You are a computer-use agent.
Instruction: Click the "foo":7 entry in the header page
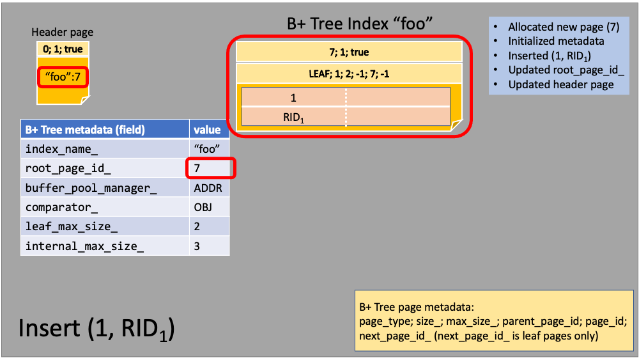[x=63, y=77]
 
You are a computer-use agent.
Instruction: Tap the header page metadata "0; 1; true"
[x=63, y=49]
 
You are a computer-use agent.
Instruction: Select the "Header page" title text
[x=63, y=32]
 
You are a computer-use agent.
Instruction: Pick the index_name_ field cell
[x=105, y=149]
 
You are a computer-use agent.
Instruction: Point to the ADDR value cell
[x=210, y=187]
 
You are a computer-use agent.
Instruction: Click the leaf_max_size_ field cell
[x=105, y=226]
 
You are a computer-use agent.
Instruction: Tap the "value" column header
[x=210, y=130]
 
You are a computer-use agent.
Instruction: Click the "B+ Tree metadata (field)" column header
[x=105, y=130]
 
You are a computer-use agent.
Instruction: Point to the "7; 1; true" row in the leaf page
[x=349, y=52]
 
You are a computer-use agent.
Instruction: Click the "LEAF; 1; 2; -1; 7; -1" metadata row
[x=349, y=74]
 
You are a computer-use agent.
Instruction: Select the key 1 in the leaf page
[x=293, y=98]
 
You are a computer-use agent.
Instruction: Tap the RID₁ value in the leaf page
[x=293, y=118]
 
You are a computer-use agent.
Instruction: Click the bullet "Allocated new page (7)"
[x=564, y=27]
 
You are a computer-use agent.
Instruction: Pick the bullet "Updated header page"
[x=561, y=84]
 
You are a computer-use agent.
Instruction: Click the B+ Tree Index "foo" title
[x=359, y=24]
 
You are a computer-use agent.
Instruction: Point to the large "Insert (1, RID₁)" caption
[x=96, y=329]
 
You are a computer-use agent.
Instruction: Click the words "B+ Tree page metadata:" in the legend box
[x=417, y=307]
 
